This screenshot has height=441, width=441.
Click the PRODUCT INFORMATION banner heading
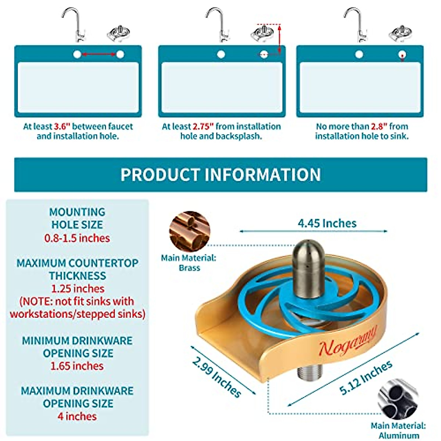(x=220, y=175)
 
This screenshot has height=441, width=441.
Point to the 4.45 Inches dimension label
(x=327, y=223)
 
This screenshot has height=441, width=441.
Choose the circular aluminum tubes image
(x=398, y=399)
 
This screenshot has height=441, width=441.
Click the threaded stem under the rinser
(x=310, y=374)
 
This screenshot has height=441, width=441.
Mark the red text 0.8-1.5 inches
(x=77, y=238)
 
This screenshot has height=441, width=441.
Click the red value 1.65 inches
(x=77, y=366)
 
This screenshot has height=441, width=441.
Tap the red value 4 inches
(x=77, y=416)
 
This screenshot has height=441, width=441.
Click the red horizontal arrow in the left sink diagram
(x=98, y=55)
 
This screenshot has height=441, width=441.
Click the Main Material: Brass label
(x=189, y=263)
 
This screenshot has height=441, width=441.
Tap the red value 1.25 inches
(x=78, y=288)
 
